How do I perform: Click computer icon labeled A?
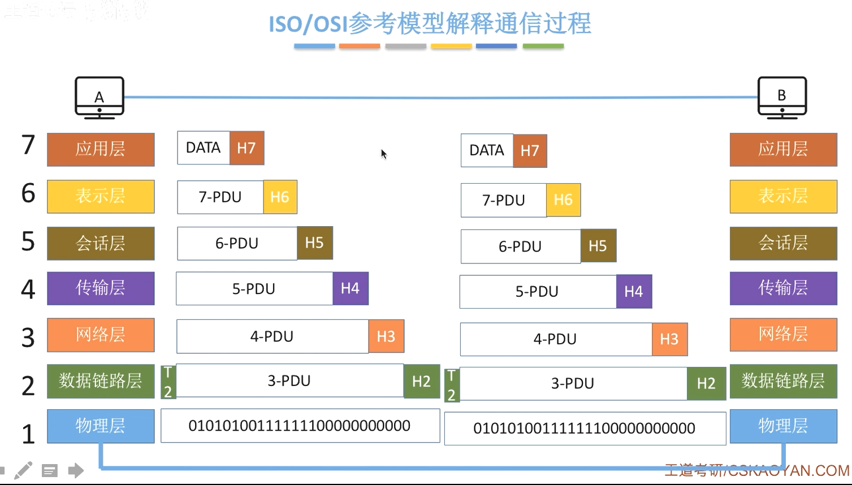[100, 97]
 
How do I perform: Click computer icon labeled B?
[782, 97]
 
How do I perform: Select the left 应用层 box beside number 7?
[101, 149]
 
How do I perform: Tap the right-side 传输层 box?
[783, 288]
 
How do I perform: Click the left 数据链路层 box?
[101, 381]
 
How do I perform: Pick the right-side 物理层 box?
[783, 426]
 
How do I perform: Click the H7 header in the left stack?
[246, 148]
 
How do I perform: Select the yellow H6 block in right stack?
[563, 200]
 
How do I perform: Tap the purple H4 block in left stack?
[350, 289]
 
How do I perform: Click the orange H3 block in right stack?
[669, 339]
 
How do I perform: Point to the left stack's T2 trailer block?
[168, 382]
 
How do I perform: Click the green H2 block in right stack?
[706, 384]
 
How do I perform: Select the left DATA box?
[204, 148]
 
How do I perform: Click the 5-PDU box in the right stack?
[538, 292]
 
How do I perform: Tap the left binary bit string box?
[300, 426]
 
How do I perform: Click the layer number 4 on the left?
[28, 289]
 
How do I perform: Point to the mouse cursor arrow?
[383, 154]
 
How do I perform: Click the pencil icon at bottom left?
[24, 470]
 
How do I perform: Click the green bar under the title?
[543, 46]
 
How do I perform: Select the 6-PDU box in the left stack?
[237, 244]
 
